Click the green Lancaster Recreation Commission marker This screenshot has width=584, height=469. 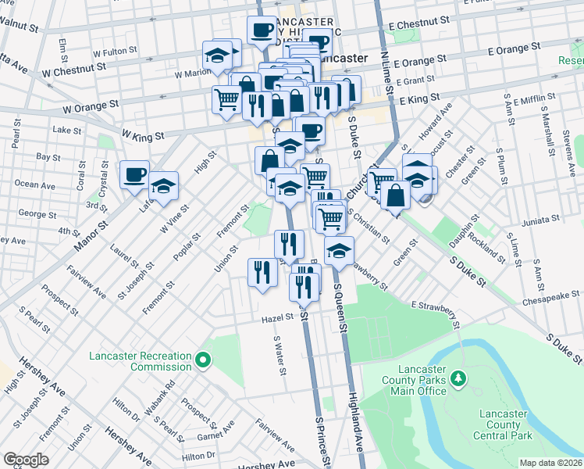click(203, 360)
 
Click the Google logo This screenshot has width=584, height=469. click(27, 460)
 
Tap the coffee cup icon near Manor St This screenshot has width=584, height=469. click(134, 174)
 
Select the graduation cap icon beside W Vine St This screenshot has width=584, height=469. click(163, 186)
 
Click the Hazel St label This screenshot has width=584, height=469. click(277, 317)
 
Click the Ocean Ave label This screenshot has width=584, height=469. click(35, 184)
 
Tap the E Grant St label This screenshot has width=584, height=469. click(415, 81)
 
